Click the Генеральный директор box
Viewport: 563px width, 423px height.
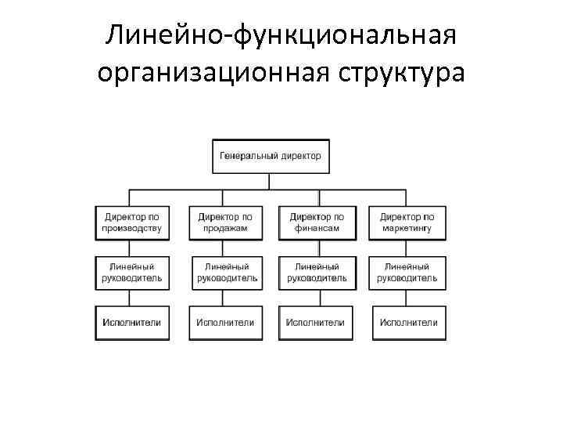point(270,156)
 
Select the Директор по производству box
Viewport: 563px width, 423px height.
point(132,222)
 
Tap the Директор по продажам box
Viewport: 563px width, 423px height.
point(224,222)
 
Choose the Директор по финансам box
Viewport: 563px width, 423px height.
point(316,222)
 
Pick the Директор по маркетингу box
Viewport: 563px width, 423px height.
point(407,222)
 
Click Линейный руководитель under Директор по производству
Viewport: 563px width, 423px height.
point(132,272)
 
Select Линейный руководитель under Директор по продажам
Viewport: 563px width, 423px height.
point(224,272)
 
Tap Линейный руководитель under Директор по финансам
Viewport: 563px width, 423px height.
point(316,272)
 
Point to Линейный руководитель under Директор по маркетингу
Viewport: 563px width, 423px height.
point(407,272)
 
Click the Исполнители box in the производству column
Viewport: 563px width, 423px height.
point(132,322)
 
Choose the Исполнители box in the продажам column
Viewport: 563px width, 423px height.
point(224,322)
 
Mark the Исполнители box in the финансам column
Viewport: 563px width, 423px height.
point(316,322)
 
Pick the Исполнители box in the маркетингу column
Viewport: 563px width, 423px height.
point(407,322)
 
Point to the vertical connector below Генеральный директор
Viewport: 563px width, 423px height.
point(270,181)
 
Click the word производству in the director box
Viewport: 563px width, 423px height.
point(132,229)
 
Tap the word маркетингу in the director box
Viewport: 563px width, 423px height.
point(407,229)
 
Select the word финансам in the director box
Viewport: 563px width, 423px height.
point(316,229)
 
